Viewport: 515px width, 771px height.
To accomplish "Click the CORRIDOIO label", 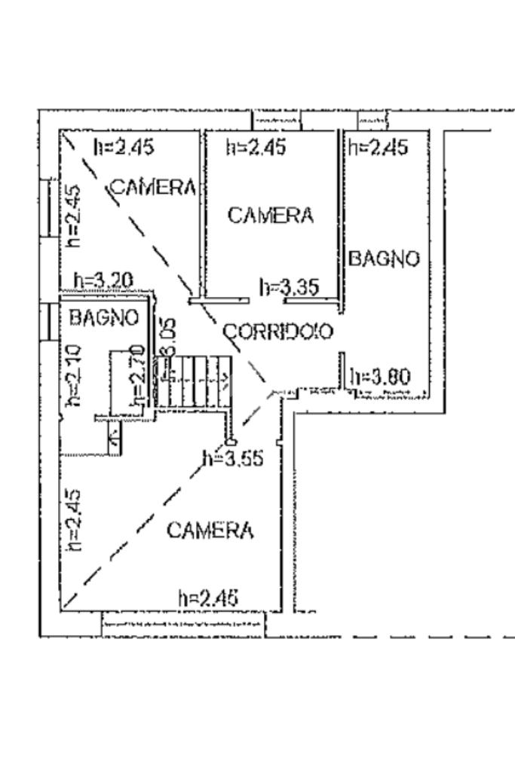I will point(278,332).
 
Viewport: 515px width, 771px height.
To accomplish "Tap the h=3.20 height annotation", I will point(103,281).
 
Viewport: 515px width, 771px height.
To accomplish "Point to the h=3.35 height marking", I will point(290,287).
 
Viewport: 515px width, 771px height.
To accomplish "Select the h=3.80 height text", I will point(381,376).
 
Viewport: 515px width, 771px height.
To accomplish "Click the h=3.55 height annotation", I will point(233,457).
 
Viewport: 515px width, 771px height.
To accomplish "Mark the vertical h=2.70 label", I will point(136,375).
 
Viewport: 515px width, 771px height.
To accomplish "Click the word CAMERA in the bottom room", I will point(210,531).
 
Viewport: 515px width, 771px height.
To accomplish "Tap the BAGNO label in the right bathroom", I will point(383,259).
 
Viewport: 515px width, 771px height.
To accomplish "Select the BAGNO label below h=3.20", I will point(104,318).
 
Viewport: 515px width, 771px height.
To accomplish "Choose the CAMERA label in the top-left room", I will point(154,187).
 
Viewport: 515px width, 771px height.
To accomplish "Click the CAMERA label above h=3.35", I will point(270,216).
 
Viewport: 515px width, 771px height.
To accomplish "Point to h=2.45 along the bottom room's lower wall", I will point(208,598).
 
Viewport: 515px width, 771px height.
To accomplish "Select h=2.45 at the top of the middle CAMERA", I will point(256,147).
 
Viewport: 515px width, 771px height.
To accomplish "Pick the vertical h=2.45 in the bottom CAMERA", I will point(74,519).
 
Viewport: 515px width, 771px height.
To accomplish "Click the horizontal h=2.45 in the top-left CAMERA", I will point(124,147).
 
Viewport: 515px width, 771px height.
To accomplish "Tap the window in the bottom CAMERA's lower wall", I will point(183,624).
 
